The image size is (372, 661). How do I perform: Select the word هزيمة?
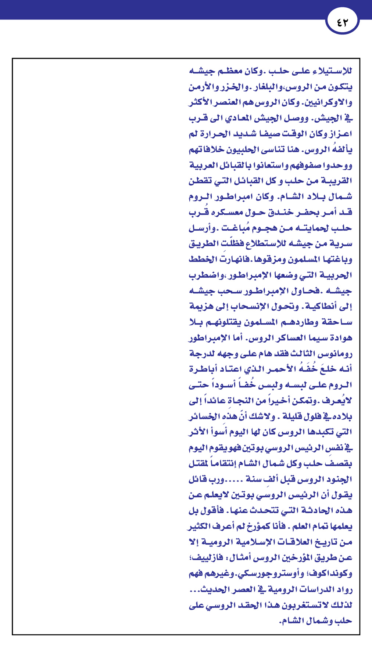pyautogui.click(x=202, y=306)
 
